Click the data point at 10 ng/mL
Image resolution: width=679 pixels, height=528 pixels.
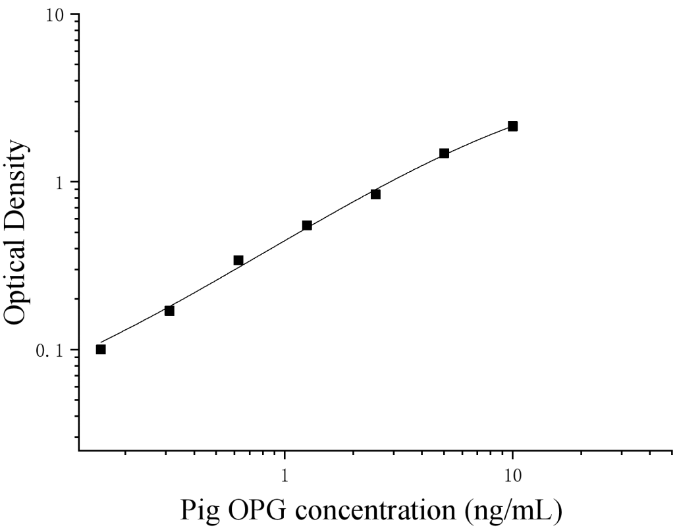point(512,126)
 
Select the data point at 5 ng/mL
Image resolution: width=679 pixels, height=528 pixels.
point(444,153)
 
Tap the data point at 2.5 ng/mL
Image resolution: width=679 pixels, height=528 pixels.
point(375,194)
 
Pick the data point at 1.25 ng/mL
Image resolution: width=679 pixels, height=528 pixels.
point(307,225)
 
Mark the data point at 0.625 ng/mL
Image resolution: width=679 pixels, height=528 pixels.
point(238,260)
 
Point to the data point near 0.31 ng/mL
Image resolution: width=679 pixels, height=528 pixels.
point(169,311)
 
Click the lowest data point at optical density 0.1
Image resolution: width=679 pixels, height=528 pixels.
point(101,349)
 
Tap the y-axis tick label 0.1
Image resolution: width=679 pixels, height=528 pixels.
point(52,350)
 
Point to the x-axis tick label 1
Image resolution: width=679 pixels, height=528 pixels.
point(285,475)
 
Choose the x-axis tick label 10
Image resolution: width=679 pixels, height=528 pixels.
point(512,475)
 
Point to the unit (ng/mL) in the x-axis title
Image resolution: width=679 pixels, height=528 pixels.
point(513,510)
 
